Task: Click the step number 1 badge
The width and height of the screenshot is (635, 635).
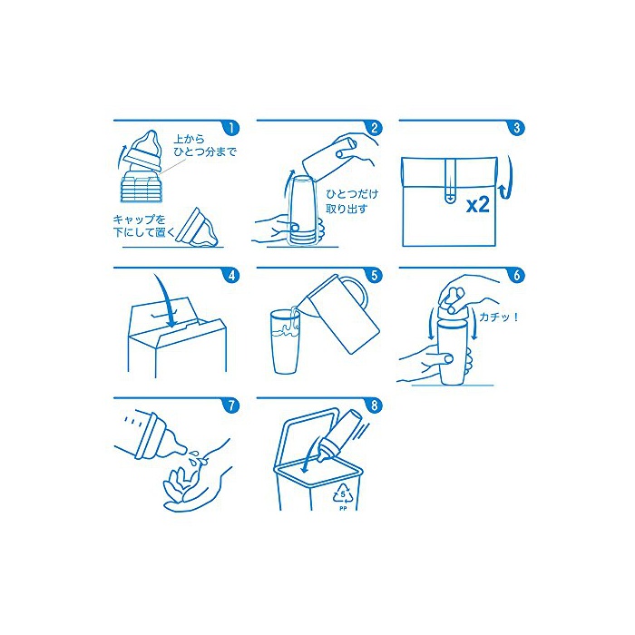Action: point(231,128)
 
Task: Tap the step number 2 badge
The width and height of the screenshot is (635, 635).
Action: point(374,128)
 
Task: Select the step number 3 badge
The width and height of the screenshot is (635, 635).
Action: point(517,128)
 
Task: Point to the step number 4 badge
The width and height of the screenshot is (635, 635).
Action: point(231,276)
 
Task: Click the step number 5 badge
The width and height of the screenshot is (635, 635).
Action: point(374,276)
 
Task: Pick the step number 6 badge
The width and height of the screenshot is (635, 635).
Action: point(517,276)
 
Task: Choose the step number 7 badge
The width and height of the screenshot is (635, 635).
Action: point(231,405)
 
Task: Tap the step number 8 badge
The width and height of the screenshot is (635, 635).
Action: point(374,405)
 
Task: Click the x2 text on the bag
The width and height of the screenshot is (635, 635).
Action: point(478,205)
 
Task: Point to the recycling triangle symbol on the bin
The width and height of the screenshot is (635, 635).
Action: point(344,494)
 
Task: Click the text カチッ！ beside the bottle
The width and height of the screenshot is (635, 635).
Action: point(499,317)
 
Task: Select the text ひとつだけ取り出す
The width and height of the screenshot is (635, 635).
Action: point(352,201)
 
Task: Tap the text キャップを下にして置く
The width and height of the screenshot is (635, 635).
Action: point(143,226)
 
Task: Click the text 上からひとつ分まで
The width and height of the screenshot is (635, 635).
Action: point(204,146)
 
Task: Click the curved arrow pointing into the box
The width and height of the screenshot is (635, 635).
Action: point(167,300)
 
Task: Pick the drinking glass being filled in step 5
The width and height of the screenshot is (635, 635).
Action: point(286,341)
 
